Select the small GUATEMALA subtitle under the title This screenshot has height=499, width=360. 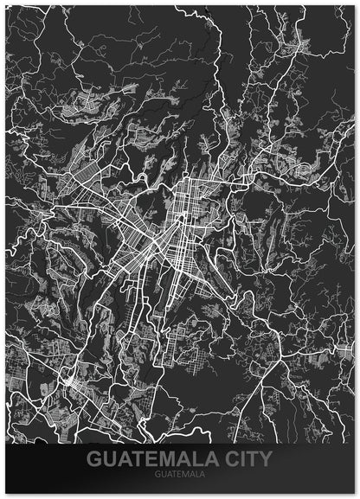pos(180,475)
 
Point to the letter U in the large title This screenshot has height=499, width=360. pos(110,458)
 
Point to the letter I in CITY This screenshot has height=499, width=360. pos(241,458)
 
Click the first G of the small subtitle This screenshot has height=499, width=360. pos(157,475)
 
